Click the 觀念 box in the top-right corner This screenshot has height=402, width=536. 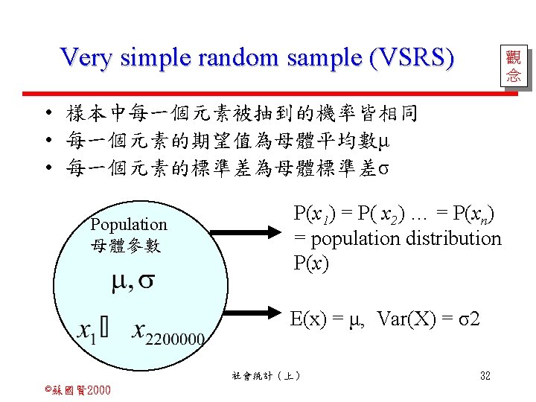click(x=513, y=66)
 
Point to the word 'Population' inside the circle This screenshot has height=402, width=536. click(x=129, y=224)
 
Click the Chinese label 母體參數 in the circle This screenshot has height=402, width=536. click(x=124, y=244)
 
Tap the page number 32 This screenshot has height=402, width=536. click(x=485, y=376)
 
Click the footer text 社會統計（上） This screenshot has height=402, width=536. click(x=267, y=376)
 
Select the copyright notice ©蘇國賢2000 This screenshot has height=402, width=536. click(x=77, y=390)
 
